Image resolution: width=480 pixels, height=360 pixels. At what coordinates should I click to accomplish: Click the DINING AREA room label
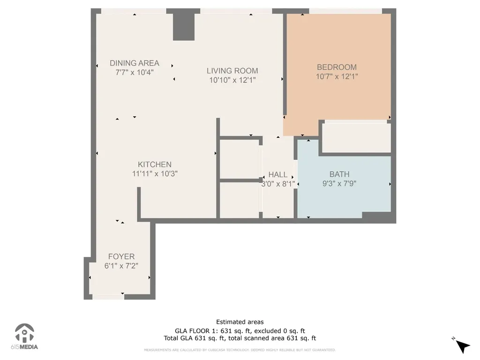point(135,63)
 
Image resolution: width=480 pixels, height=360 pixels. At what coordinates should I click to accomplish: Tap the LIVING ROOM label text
point(232,71)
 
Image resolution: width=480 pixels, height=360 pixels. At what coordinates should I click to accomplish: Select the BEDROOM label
point(337,67)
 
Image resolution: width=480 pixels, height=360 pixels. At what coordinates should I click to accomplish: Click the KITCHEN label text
point(155,165)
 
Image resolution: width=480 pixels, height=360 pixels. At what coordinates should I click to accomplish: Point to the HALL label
point(278,175)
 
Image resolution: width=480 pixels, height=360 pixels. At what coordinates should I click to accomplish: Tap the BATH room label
point(339,174)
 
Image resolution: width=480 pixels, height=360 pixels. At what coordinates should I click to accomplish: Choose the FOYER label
point(121,256)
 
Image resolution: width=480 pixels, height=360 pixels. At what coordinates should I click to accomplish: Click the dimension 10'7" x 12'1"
point(337,76)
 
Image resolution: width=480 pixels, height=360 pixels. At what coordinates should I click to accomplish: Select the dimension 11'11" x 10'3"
point(155,173)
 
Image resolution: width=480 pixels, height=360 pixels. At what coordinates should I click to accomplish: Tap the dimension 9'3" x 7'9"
point(339,183)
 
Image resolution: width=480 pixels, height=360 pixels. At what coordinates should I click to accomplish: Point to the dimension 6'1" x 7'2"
point(121,266)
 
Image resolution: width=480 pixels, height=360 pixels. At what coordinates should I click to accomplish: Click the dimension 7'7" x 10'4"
point(135,72)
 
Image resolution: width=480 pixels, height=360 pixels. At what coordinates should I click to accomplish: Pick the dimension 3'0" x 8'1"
point(278,184)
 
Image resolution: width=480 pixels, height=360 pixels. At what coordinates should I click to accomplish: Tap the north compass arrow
point(462,346)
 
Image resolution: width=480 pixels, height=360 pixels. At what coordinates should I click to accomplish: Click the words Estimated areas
point(240,322)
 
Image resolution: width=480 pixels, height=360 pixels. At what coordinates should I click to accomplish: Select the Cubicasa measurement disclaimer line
point(240,350)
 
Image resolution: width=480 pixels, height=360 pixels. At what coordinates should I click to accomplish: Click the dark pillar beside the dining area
point(184,27)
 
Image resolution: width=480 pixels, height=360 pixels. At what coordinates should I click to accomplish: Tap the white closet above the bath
point(357,137)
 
